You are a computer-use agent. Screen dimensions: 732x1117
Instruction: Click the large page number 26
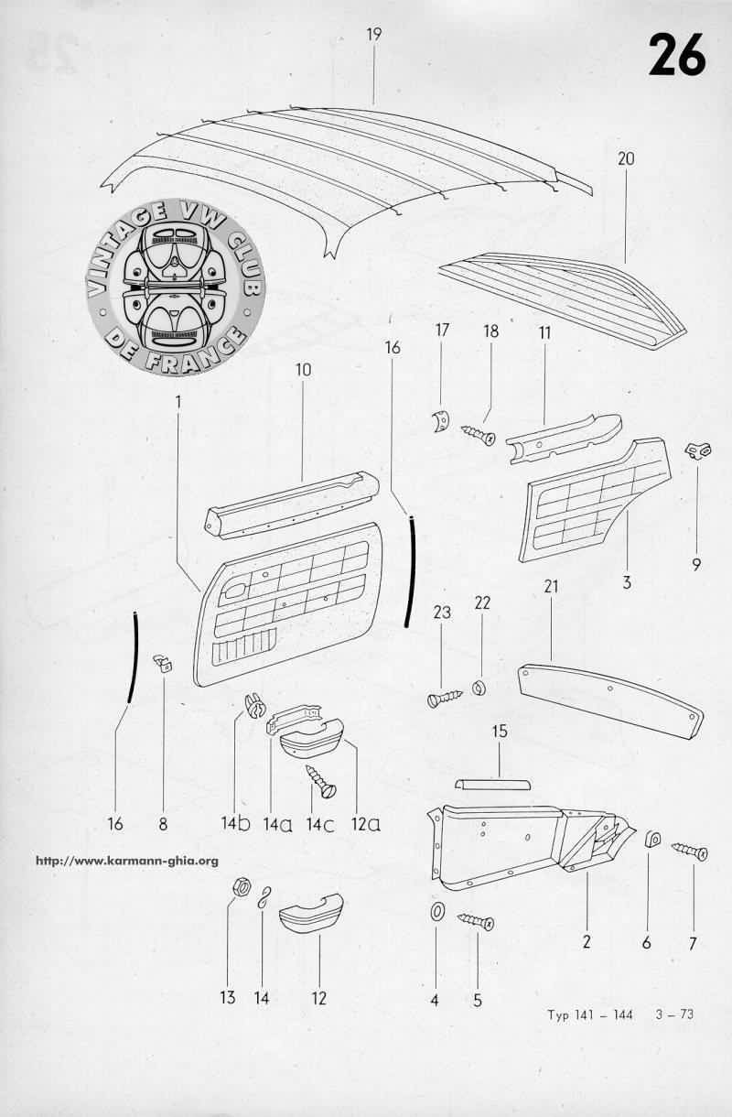(677, 55)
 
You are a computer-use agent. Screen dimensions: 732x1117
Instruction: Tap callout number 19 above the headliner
(373, 35)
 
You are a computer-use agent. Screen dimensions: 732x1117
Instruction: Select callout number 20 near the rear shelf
(627, 159)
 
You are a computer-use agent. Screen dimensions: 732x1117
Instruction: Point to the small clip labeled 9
(700, 450)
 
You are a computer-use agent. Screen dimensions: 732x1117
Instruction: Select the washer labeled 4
(436, 911)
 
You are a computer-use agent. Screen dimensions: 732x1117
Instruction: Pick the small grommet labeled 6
(652, 840)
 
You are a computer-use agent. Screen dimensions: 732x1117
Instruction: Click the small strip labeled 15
(492, 784)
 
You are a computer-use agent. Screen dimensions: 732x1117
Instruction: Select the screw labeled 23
(445, 698)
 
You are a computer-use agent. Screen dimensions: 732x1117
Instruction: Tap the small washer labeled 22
(479, 689)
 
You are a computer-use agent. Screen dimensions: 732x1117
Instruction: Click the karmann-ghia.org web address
(127, 861)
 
